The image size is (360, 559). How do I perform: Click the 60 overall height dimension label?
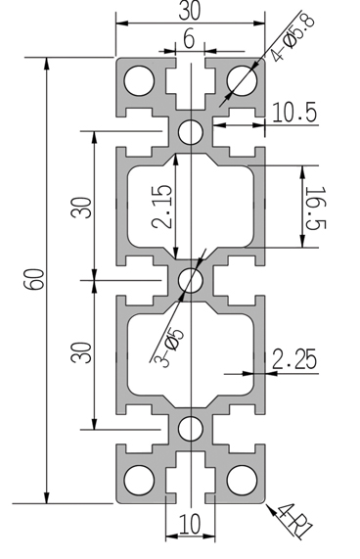(34, 280)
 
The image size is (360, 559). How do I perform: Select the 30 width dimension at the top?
(190, 11)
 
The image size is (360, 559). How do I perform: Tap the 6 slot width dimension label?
(189, 38)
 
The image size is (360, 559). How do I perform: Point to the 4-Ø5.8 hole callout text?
(292, 37)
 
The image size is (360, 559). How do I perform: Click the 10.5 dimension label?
(294, 113)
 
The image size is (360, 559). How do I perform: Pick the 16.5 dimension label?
(316, 208)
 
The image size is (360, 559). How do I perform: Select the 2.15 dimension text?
(161, 207)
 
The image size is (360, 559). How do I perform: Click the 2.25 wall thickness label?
(294, 359)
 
